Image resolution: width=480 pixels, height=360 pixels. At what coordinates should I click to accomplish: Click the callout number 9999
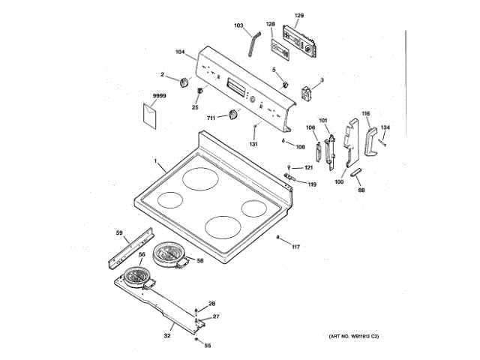tap(158, 97)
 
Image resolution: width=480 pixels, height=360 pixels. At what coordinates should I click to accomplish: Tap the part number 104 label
tap(180, 52)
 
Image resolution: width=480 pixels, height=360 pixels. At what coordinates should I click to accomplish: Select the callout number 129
tap(298, 16)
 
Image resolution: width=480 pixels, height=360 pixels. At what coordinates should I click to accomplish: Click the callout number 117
tap(295, 247)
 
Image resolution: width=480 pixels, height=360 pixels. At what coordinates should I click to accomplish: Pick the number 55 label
tap(208, 346)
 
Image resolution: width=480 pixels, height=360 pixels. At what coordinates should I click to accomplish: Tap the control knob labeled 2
tap(184, 82)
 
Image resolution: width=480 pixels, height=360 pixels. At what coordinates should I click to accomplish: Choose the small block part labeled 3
tap(307, 94)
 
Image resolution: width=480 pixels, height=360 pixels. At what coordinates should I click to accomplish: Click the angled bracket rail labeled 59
tap(132, 248)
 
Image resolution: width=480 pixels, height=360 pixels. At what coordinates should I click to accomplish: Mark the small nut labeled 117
tap(278, 238)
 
